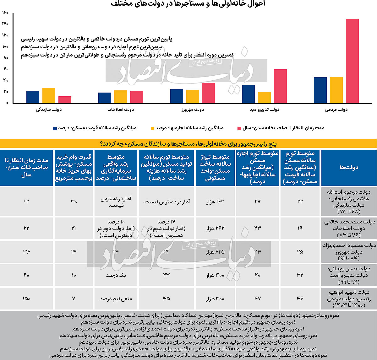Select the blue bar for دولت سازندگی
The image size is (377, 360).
33,97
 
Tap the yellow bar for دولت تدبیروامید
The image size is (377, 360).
264,97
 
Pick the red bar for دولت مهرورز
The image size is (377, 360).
208,93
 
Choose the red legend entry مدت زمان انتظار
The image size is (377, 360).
281,128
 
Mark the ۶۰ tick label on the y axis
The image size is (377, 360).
6,69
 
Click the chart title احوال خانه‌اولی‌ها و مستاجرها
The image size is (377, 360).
188,4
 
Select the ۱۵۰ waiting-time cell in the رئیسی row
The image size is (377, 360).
26,298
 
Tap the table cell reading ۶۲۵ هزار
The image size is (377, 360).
216,252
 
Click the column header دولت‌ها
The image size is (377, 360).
348,167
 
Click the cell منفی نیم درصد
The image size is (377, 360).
116,298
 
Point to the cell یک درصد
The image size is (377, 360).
116,275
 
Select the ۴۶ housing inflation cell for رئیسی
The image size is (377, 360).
300,298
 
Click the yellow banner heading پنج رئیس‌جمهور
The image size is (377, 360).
188,144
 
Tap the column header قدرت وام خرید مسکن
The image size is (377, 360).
74,167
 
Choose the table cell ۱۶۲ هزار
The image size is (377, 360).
216,201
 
